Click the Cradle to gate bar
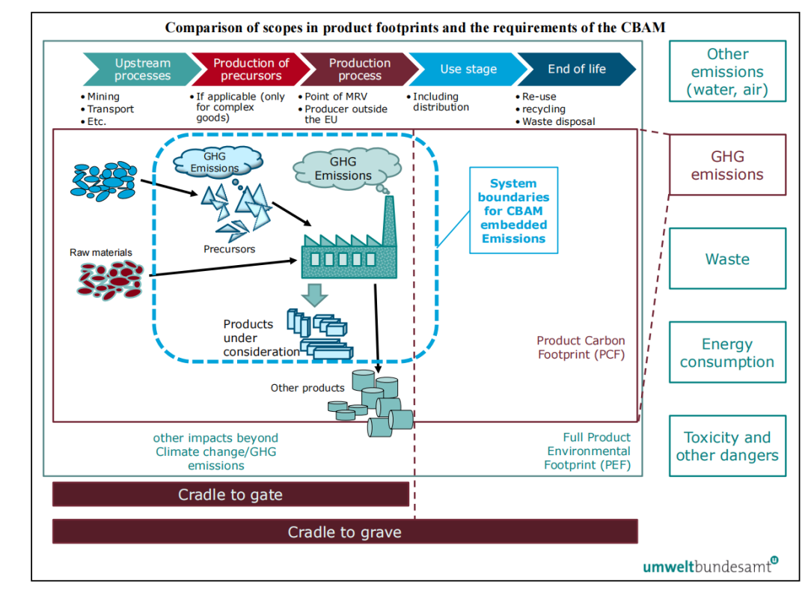[x=230, y=494]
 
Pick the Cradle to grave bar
[x=344, y=532]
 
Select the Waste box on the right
[x=727, y=259]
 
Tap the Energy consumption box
[x=727, y=353]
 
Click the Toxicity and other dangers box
[x=727, y=446]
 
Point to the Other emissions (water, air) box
[x=727, y=72]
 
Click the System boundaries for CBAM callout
[x=513, y=210]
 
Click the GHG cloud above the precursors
[x=216, y=162]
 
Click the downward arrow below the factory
[x=316, y=294]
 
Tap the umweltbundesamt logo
[x=710, y=565]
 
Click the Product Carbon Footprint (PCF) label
[x=581, y=347]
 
